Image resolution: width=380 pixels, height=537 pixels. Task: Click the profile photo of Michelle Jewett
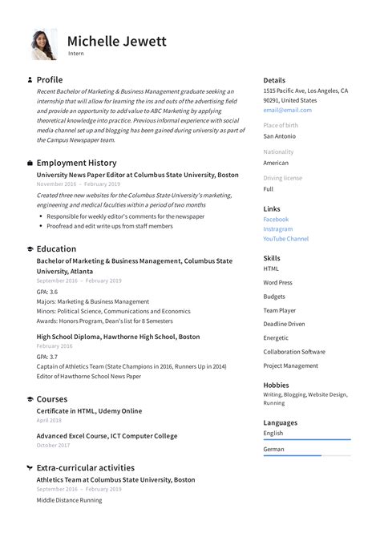point(43,45)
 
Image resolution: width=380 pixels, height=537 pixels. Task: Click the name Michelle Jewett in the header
point(117,40)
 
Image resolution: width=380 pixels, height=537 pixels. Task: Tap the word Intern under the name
point(75,54)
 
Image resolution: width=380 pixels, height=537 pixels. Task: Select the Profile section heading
point(50,80)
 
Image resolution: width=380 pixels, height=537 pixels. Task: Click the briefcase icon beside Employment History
point(30,163)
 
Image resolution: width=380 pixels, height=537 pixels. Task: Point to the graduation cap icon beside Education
point(30,249)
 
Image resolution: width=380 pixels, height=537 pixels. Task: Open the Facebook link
point(276,220)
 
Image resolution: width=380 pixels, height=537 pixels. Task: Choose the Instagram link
point(277,229)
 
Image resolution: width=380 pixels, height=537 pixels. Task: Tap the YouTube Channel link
point(285,239)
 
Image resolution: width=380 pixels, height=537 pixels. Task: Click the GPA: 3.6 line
point(47,292)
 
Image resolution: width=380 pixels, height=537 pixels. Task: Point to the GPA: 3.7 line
point(47,357)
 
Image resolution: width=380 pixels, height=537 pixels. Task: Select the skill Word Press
point(278,283)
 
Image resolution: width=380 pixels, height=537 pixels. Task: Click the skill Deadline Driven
point(284,324)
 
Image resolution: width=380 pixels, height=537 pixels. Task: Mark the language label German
point(273,450)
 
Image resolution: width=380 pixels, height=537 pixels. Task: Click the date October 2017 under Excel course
point(53,445)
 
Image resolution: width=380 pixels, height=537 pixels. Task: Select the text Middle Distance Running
point(69,500)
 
